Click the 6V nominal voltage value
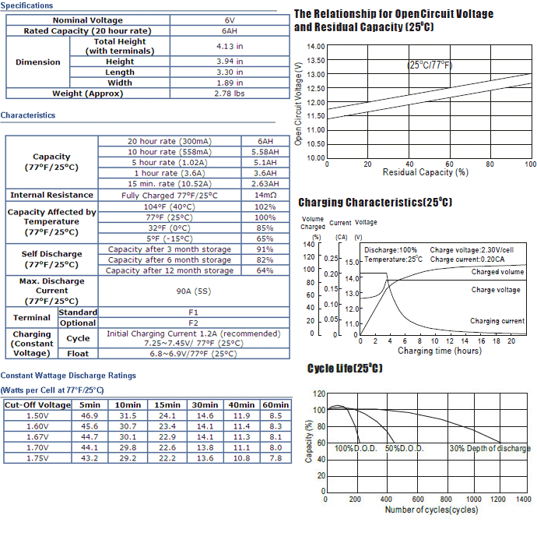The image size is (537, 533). point(230,20)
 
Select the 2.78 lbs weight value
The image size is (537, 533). point(230,94)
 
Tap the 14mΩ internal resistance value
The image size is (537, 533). point(265,195)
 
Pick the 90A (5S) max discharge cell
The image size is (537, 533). point(194,291)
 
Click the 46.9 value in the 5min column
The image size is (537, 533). point(89,415)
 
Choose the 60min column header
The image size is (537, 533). point(276,405)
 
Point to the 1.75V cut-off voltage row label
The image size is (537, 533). point(37,458)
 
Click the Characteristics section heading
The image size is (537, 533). point(28,115)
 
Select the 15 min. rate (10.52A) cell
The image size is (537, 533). point(170,184)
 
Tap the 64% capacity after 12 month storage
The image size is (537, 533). point(265,270)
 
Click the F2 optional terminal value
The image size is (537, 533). point(193,323)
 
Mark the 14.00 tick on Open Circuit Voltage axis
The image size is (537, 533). point(316,46)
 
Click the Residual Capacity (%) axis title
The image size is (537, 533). point(426,172)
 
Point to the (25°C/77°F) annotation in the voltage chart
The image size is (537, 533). point(430,65)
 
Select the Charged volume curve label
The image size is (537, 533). point(497,272)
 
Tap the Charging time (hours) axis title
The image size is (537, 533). point(440,351)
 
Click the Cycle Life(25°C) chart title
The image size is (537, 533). point(345,369)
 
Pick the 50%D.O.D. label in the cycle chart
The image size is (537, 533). point(405,448)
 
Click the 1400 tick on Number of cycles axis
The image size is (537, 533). point(524,499)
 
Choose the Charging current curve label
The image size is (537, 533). point(497,321)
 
